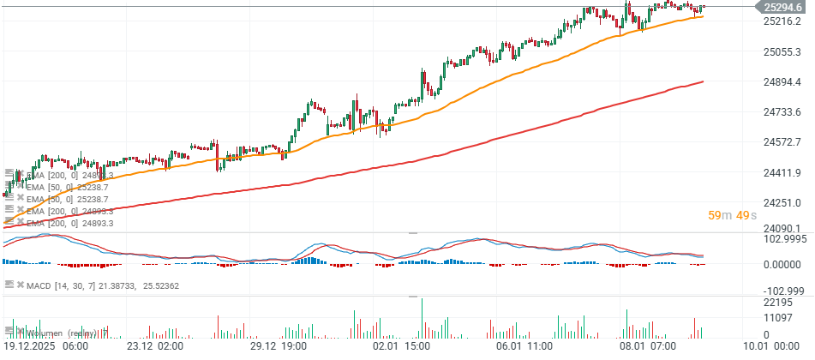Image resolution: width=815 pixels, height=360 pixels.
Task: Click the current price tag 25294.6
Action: click(782, 7)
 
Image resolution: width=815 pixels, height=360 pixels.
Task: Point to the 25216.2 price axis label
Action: click(782, 21)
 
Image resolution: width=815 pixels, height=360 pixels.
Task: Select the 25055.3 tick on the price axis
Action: click(782, 51)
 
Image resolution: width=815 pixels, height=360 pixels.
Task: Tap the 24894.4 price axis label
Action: click(782, 81)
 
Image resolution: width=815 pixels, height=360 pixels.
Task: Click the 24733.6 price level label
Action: click(782, 111)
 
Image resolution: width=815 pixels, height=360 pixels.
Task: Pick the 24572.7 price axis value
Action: click(782, 141)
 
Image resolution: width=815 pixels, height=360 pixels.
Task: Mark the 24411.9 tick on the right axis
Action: click(782, 172)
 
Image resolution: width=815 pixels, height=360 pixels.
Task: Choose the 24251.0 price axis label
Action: click(782, 202)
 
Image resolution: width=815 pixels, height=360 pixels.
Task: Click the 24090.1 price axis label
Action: click(782, 228)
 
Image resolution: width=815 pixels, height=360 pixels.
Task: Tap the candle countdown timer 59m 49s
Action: click(731, 215)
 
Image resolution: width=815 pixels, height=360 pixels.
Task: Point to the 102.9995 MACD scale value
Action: click(784, 239)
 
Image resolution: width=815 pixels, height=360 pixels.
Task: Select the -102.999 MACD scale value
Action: click(782, 291)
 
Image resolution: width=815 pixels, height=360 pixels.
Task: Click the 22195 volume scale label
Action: click(777, 303)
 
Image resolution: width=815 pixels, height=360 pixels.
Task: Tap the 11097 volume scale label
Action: click(777, 318)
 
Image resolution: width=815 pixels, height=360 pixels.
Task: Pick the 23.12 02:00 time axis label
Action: click(154, 347)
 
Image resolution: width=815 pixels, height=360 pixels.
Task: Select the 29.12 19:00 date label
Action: click(279, 347)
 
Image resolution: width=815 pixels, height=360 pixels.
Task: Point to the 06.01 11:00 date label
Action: click(524, 347)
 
